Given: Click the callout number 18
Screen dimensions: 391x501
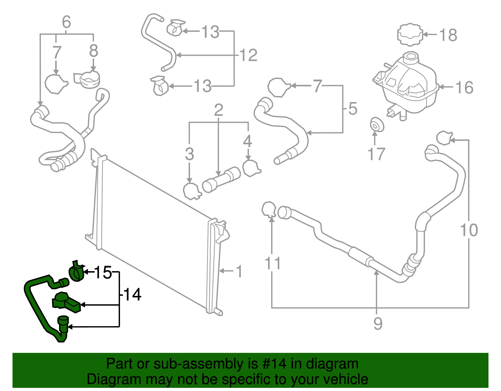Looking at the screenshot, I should tap(448, 35).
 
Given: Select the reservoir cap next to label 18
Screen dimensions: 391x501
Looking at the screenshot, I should tap(410, 34).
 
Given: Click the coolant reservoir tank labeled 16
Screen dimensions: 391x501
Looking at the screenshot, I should tap(407, 83).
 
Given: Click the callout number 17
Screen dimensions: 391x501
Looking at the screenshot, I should tap(376, 154).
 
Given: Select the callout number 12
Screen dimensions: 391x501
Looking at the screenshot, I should tap(248, 55).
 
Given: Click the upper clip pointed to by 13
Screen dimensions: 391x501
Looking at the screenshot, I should tap(175, 28).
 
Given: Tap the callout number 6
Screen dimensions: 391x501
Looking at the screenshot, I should tap(66, 22).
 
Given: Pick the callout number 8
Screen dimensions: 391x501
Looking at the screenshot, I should tap(94, 51).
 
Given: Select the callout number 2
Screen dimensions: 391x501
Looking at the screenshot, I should tap(219, 110).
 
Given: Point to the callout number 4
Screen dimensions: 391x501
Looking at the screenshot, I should tap(247, 141).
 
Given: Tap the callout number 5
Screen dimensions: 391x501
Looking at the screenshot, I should tap(353, 109).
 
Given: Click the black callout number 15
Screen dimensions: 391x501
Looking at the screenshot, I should tap(103, 272).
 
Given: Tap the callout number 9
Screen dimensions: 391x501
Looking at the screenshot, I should tap(378, 324).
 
